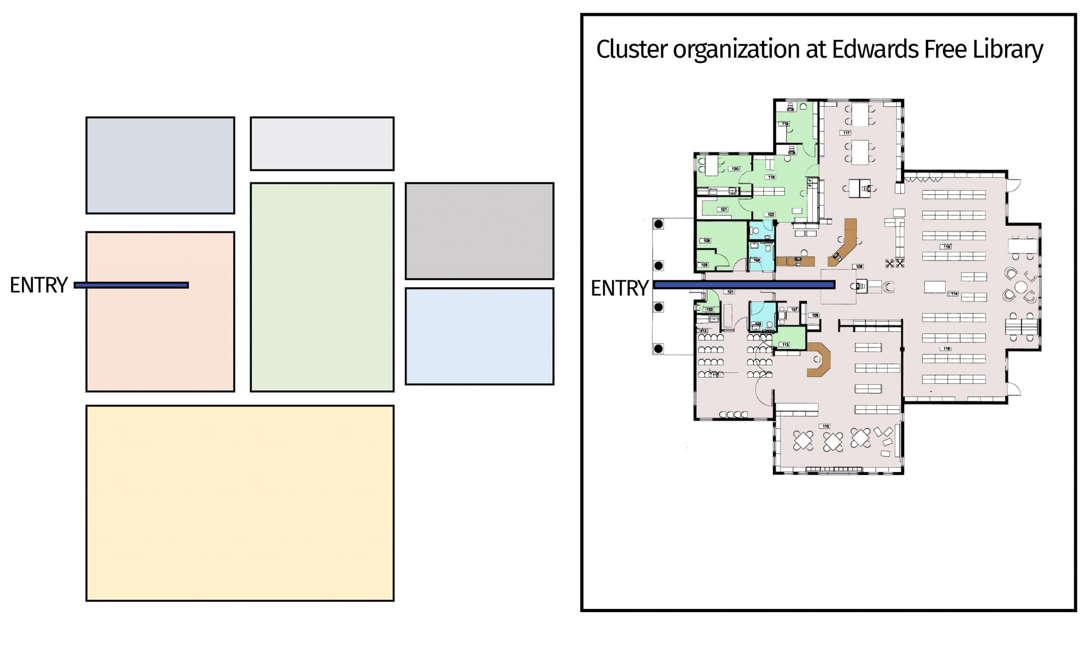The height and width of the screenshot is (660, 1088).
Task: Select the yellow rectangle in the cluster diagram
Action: tap(240, 503)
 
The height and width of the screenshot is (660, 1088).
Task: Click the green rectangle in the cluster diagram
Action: tap(322, 287)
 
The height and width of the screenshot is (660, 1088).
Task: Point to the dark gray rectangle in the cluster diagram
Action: tap(479, 230)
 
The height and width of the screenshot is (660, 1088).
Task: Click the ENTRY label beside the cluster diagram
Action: tap(38, 285)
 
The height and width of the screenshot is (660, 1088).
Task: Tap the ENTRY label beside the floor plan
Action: tap(619, 288)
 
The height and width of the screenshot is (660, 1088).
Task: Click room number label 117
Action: tap(846, 133)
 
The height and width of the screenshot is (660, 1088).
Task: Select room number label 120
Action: tap(735, 169)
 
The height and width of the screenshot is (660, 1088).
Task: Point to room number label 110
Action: tap(825, 426)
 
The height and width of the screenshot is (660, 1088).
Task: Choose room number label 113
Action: tap(786, 345)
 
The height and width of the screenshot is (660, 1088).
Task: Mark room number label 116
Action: tap(946, 349)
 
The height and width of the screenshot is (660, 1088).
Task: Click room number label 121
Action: tap(724, 209)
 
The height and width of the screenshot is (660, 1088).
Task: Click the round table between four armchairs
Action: tap(1021, 287)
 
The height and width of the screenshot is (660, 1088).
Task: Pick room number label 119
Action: tap(785, 124)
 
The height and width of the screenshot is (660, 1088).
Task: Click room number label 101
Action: tap(730, 292)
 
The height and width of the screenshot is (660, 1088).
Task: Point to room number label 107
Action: tap(794, 309)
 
